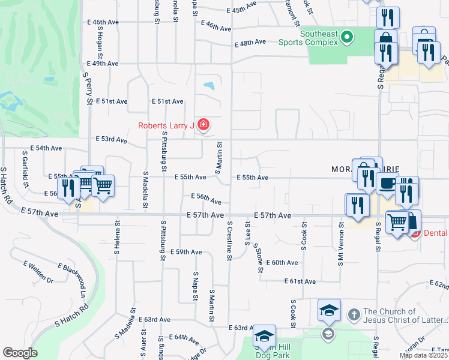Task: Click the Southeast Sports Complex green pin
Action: pyautogui.click(x=346, y=38)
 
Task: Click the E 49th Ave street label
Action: pyautogui.click(x=102, y=64)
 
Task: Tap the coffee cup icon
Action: pyautogui.click(x=388, y=182)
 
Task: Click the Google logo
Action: pyautogui.click(x=20, y=353)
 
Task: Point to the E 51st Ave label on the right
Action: pyautogui.click(x=168, y=101)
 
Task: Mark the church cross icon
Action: pyautogui.click(x=354, y=314)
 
